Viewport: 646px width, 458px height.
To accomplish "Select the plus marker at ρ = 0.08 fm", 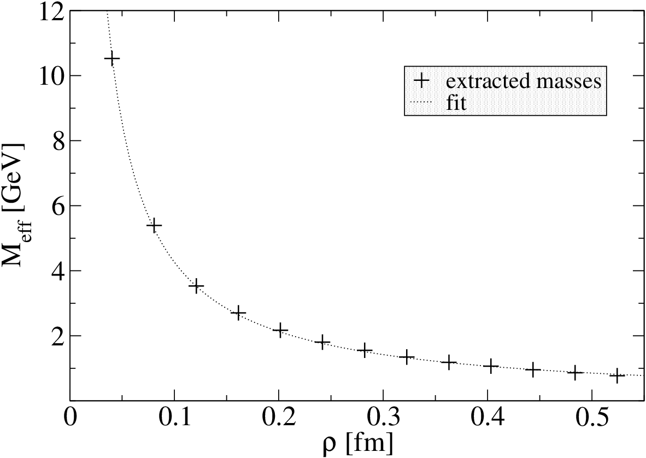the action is tap(154, 225).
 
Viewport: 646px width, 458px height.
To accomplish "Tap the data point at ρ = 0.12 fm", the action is tap(196, 285).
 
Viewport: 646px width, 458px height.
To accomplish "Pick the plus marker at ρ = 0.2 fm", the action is tap(280, 330).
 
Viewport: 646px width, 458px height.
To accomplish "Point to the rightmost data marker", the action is tap(617, 375).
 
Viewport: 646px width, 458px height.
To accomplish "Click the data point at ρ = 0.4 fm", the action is tap(491, 366).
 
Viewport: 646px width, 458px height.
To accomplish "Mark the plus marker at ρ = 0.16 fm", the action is tap(238, 313).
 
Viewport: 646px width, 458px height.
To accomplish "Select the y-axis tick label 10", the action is tap(52, 76).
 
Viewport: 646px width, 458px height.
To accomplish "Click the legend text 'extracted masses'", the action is tap(524, 81).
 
